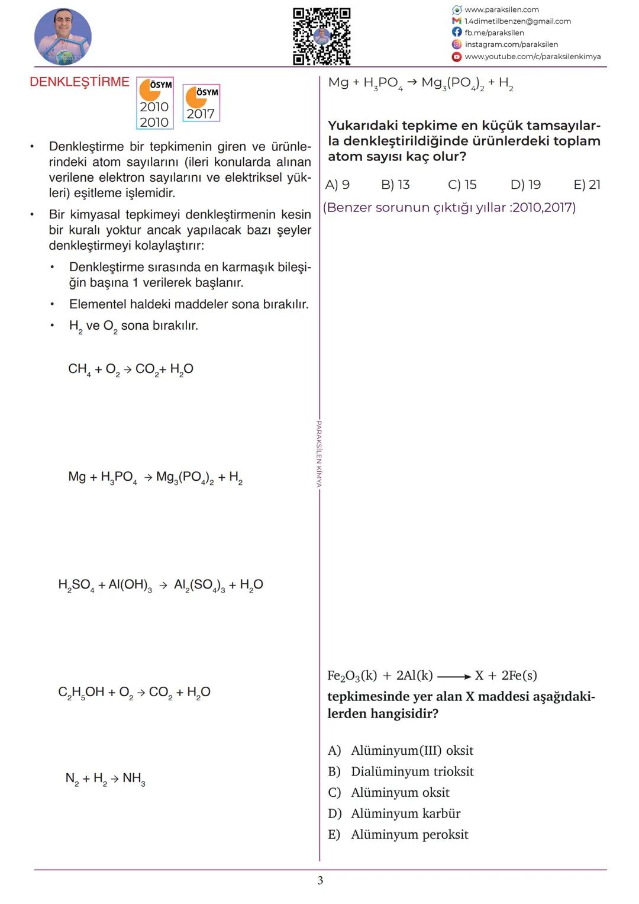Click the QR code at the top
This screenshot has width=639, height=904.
point(322,36)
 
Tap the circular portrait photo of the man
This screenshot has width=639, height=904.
point(63,37)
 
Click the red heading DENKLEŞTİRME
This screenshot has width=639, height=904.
point(79,82)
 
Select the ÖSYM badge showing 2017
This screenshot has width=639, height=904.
point(201,104)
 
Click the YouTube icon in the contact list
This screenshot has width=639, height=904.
point(457,57)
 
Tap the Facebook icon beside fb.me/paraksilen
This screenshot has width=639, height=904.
point(457,33)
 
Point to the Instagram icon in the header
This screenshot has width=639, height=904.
point(457,44)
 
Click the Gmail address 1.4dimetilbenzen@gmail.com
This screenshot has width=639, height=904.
point(517,21)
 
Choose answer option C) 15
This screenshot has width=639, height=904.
point(462,185)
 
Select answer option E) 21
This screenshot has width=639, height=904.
point(587,185)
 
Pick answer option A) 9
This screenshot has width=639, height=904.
point(337,185)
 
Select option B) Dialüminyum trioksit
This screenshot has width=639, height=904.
point(401,771)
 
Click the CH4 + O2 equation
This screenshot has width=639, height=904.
point(131,369)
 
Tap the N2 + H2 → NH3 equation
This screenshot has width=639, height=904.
point(105,778)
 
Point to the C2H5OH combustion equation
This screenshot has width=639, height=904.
point(134,692)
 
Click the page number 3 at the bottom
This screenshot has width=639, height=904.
point(321,880)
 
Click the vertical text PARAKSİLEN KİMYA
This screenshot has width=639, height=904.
point(319,454)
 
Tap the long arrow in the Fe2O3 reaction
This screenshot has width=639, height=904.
point(454,676)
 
